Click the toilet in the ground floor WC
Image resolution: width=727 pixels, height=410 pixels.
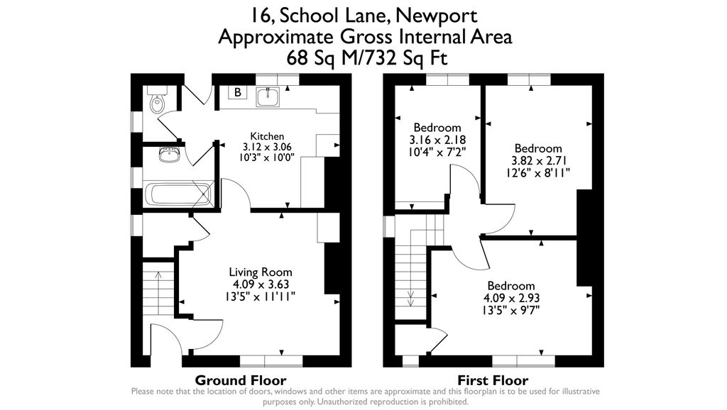pos(157,99)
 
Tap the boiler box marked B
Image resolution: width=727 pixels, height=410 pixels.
pos(237,92)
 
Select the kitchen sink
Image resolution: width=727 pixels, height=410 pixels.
pos(267,96)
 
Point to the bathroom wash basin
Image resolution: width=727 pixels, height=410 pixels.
pos(170,155)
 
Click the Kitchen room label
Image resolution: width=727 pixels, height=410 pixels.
pos(267,136)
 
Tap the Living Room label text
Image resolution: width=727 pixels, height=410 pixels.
pos(261,272)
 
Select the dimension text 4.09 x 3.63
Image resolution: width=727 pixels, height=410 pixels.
pos(261,284)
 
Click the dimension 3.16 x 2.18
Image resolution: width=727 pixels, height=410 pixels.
pos(437,140)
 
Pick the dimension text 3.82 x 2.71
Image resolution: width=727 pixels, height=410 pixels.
pos(539,161)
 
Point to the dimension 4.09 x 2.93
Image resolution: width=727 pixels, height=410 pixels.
pos(511,298)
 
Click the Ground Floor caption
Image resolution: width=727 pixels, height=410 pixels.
pos(241,380)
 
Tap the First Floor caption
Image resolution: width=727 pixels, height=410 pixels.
pos(493,380)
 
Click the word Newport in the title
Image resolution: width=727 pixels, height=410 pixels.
pos(437,16)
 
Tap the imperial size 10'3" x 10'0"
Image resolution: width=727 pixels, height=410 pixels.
pos(267,157)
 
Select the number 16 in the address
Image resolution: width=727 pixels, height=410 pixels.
pos(261,16)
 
